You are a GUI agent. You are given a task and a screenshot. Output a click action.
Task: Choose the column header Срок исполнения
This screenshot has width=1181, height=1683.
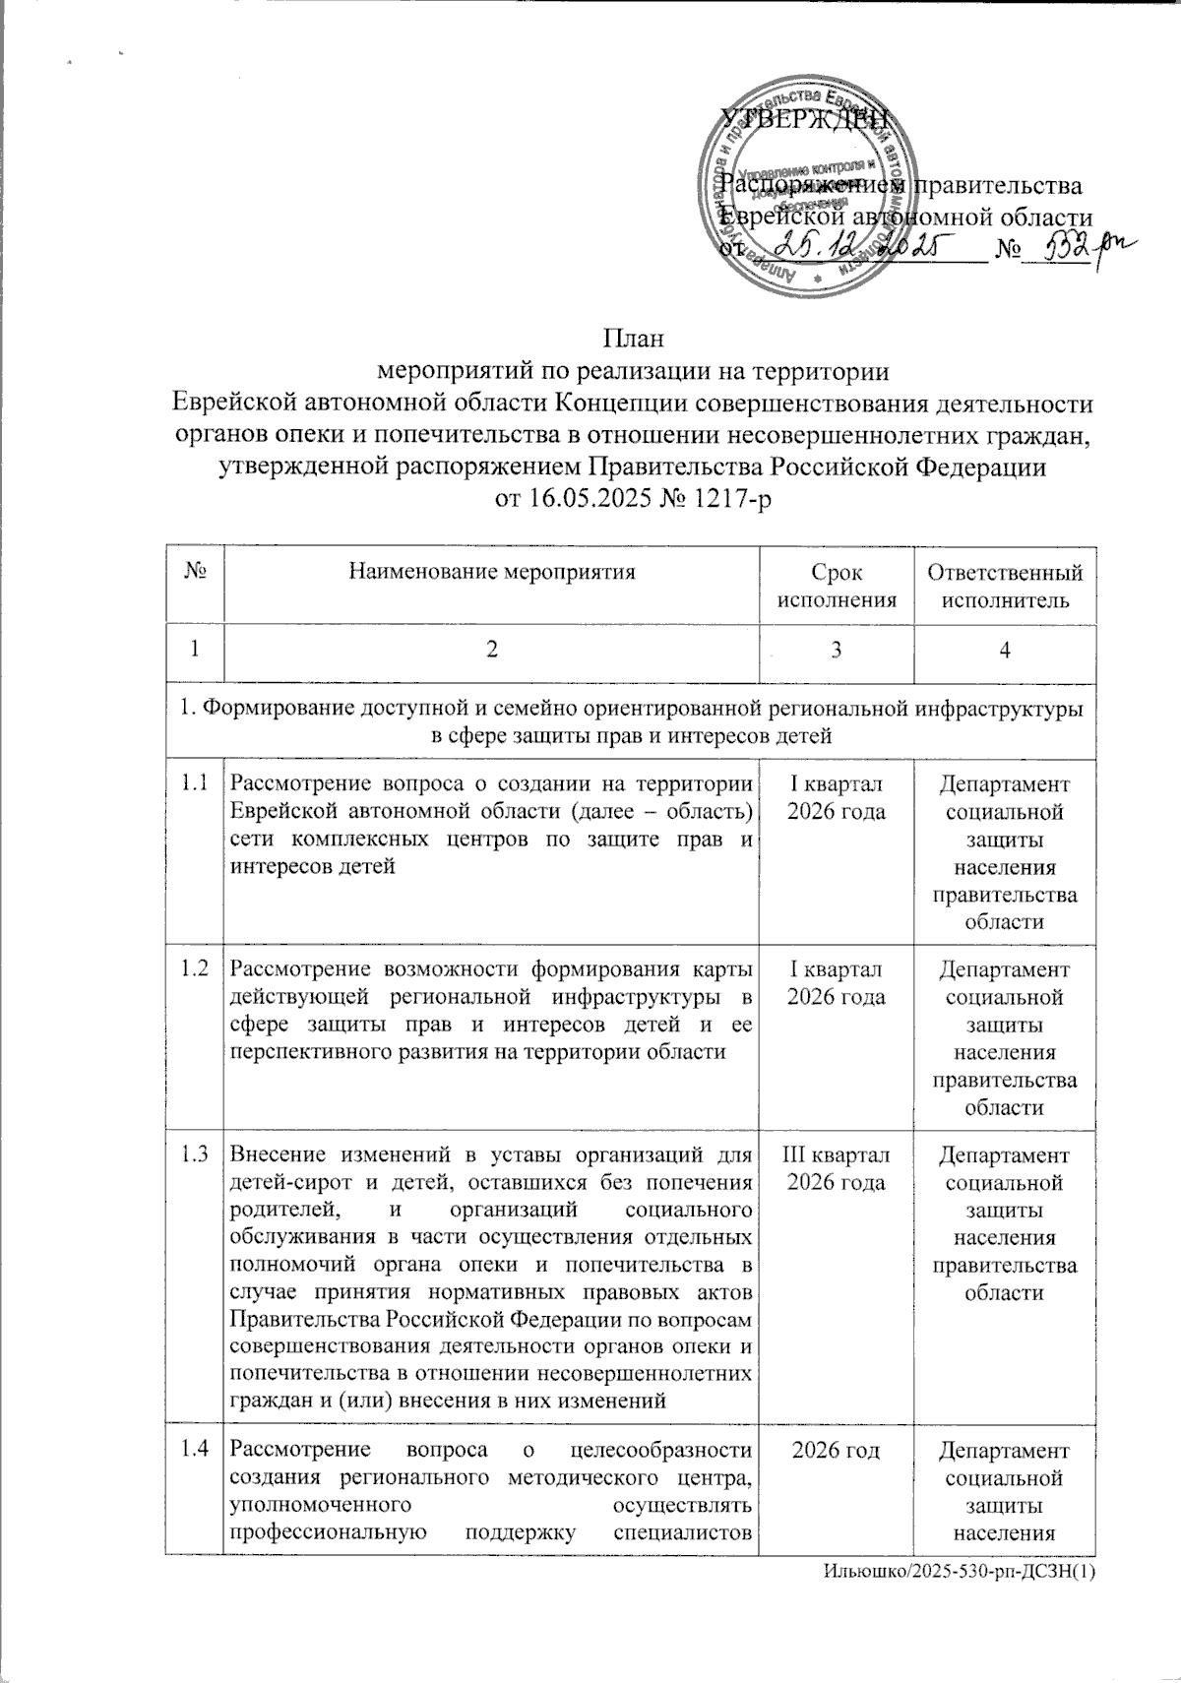837,586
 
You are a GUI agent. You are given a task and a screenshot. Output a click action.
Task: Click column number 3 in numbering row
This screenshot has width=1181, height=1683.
837,651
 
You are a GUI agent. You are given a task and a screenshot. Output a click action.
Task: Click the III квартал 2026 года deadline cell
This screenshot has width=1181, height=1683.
837,1166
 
